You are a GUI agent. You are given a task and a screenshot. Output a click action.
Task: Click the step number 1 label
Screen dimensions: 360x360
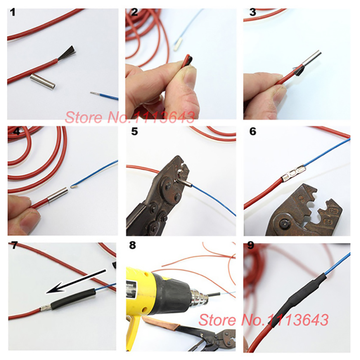tap(13, 13)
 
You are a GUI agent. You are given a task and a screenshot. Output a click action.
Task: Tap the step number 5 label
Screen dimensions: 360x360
tap(134, 131)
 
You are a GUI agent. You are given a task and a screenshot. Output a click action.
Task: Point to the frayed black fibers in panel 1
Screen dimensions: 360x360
tap(67, 53)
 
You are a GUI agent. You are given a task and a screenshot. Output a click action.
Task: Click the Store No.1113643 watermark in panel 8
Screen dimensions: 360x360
tap(264, 319)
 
